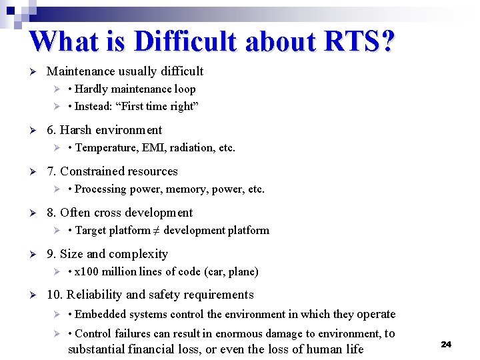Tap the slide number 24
point(446,344)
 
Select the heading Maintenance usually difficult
point(125,71)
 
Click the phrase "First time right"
point(160,106)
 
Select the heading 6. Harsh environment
point(104,130)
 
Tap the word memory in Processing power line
point(183,189)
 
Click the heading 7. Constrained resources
point(112,171)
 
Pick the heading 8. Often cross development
point(119,213)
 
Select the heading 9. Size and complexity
point(107,254)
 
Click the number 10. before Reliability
point(55,295)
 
